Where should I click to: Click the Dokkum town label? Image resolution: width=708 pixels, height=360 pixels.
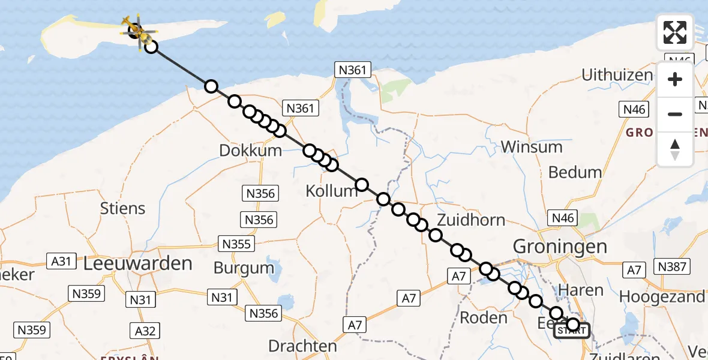pos(250,150)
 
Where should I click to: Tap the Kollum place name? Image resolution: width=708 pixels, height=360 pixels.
pos(331,191)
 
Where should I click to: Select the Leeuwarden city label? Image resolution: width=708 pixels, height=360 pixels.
pos(139,263)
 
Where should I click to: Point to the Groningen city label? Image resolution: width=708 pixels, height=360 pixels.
pos(560,246)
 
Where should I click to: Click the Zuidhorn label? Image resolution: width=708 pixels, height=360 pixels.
pos(471,220)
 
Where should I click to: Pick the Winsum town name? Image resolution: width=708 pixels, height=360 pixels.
pos(532,147)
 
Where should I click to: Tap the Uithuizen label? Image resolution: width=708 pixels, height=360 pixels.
pos(617,75)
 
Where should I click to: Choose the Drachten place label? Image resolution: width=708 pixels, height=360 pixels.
pos(302,346)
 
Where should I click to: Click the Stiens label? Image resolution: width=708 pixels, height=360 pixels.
pos(123,208)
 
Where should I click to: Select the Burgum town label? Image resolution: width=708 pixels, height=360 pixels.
pos(244,268)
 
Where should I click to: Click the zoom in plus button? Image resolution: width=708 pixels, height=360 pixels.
pos(675,79)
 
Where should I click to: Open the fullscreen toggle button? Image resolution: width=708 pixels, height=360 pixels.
pos(675,32)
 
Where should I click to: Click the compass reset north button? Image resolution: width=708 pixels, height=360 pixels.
pos(675,149)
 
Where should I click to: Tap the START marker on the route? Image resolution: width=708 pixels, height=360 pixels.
pos(571,331)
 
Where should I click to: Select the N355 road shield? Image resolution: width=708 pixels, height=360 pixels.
pos(237,244)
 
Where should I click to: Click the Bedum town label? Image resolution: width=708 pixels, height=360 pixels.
pos(575,172)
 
